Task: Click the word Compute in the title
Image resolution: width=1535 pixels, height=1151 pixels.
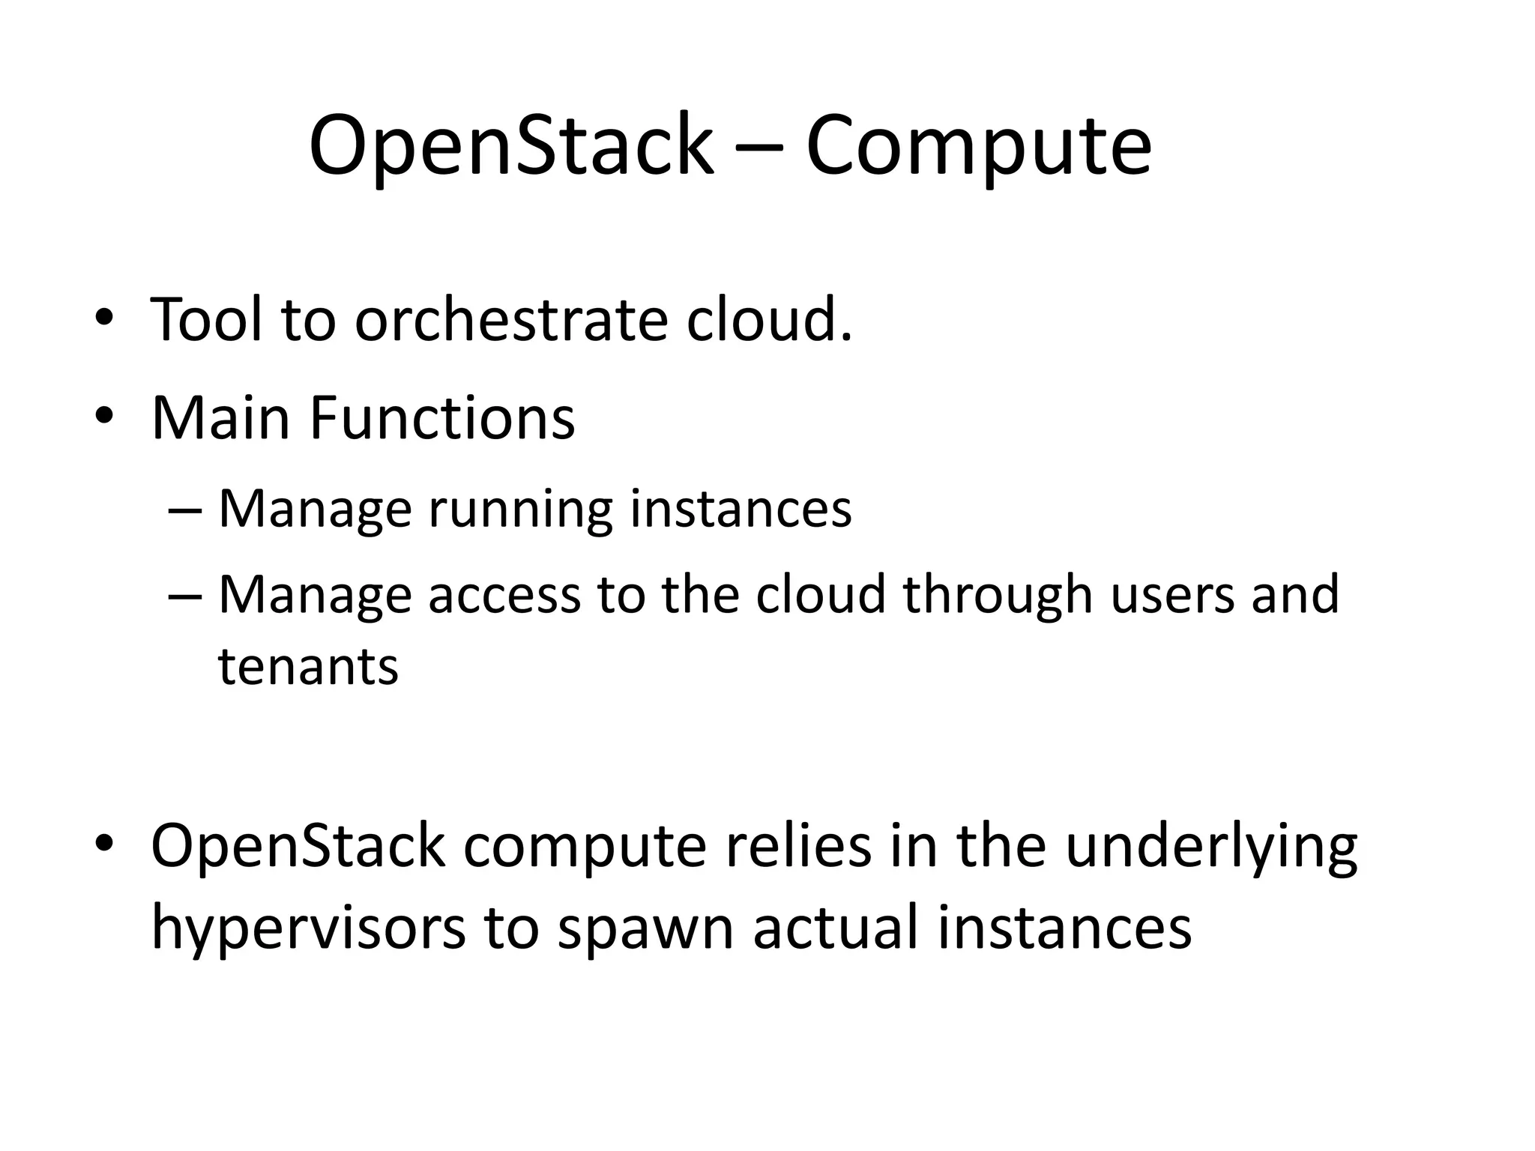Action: [978, 146]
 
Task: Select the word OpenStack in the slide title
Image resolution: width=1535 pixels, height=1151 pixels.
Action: [511, 146]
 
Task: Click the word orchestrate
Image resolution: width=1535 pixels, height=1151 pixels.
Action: [510, 321]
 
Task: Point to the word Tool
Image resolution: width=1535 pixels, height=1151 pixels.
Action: [207, 321]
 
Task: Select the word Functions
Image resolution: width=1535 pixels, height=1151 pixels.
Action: [441, 417]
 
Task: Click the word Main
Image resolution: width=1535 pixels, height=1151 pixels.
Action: [220, 417]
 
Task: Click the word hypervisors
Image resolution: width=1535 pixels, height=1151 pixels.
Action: [308, 928]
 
